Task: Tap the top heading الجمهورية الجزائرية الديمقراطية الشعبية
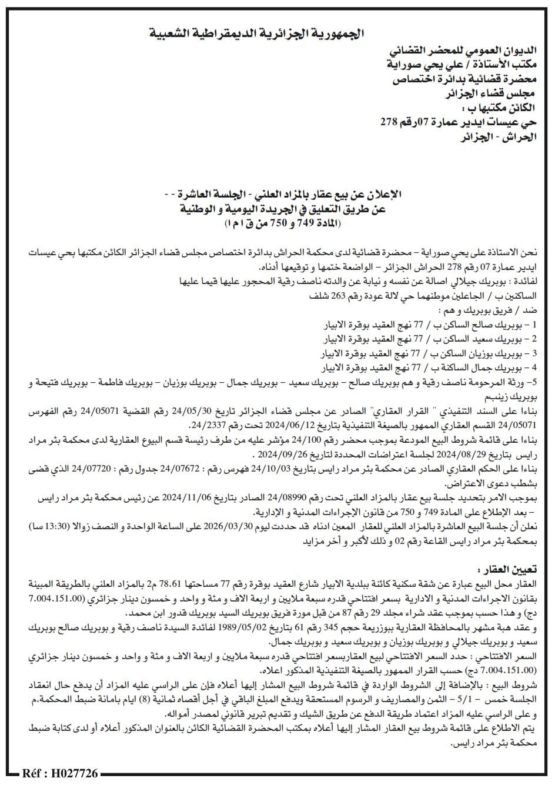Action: click(257, 34)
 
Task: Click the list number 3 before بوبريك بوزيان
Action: click(534, 353)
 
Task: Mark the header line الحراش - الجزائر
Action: click(499, 136)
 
